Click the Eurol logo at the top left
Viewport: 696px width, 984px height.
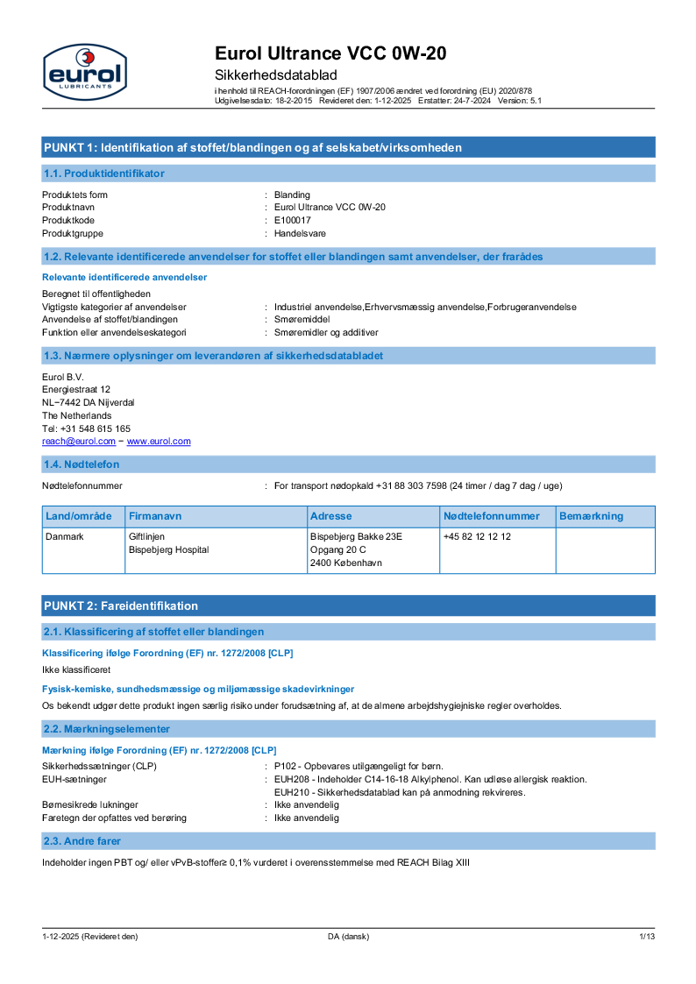point(84,71)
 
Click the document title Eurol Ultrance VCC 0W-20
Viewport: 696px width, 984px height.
point(330,54)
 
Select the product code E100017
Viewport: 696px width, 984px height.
point(292,220)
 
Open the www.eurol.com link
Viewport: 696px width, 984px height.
point(159,442)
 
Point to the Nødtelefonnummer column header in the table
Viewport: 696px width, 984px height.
point(491,516)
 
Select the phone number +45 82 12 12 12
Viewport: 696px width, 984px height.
point(477,536)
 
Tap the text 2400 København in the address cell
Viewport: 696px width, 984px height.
point(346,563)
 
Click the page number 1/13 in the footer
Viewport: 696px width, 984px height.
point(646,937)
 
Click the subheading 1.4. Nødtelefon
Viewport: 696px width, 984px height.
point(82,464)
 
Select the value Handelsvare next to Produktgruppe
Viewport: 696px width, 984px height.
point(300,233)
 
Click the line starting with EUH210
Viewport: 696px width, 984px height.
point(399,792)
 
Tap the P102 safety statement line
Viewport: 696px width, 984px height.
point(359,766)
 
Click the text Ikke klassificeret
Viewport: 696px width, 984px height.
point(76,669)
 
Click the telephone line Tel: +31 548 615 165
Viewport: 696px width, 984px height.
point(87,428)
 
